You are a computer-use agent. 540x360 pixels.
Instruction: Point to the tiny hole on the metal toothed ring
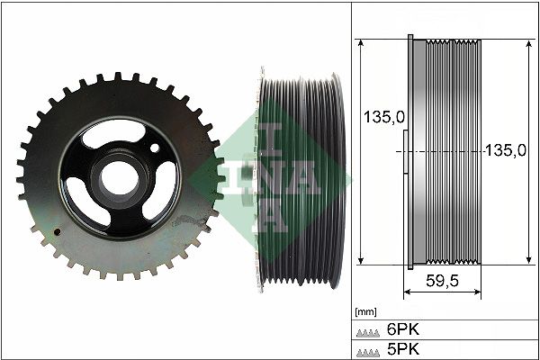point(59,231)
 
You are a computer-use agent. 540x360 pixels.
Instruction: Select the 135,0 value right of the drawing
point(505,151)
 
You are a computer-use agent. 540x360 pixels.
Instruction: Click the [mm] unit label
point(365,311)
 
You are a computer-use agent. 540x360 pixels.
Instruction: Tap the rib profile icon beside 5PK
point(369,349)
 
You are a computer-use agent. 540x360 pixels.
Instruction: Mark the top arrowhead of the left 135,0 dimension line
point(360,43)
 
